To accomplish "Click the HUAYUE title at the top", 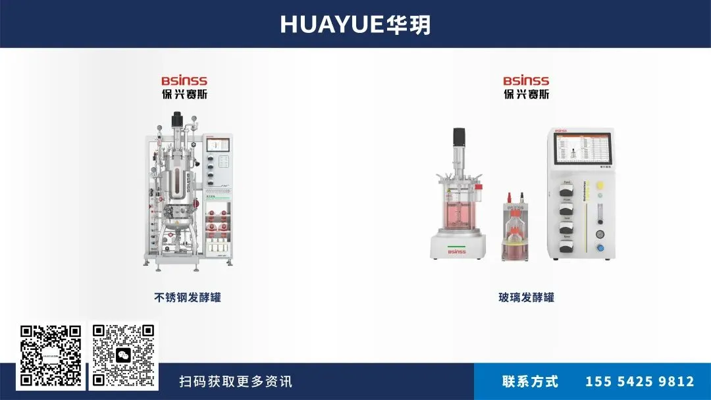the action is pos(355,24).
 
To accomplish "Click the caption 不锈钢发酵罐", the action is pos(188,297).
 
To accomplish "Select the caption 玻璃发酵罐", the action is pos(526,297).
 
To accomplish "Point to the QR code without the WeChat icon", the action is pos(51,355).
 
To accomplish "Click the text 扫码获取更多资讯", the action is pos(236,382).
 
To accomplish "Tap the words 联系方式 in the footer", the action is pos(530,382).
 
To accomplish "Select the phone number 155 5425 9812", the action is pos(639,382).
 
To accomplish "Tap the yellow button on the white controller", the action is pos(600,186).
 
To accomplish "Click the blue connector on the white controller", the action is pos(600,248).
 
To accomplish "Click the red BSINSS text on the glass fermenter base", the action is pos(456,251).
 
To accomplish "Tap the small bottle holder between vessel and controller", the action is pos(514,227).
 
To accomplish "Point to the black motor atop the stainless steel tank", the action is pos(176,120).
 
